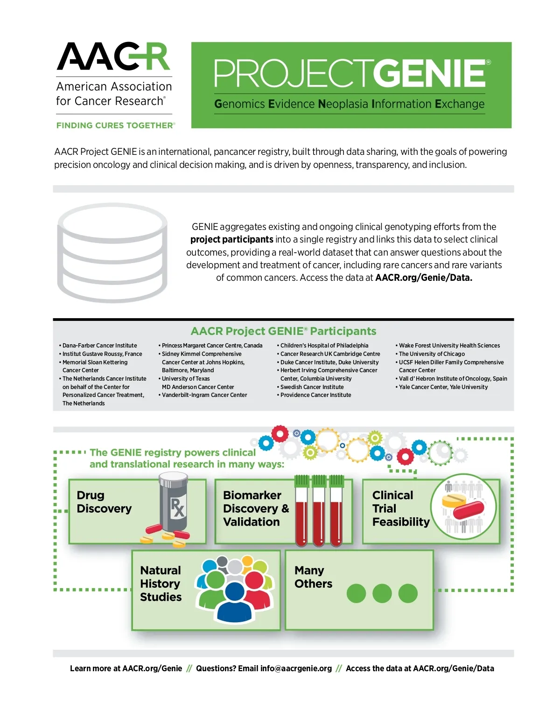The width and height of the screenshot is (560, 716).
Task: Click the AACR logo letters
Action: pos(113,57)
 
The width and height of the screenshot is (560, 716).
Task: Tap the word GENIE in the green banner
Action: pos(432,74)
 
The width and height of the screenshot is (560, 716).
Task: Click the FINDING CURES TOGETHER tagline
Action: pos(115,125)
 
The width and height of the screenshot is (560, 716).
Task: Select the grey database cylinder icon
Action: pos(112,253)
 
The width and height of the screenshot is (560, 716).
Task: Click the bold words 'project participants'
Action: pos(231,240)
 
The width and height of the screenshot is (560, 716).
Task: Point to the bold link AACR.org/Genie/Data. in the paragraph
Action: pos(424,278)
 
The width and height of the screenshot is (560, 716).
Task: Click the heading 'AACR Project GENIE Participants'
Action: pos(283,331)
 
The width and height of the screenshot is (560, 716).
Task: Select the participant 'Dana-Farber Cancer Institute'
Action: pos(99,346)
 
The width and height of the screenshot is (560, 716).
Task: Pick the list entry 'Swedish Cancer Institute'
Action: pos(312,387)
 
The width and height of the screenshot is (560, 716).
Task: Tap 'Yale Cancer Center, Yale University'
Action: pos(443,387)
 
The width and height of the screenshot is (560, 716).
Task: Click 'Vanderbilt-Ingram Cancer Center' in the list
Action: pos(204,395)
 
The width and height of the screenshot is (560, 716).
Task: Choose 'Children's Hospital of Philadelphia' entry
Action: pos(324,346)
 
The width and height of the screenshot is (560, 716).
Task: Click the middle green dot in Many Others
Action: pos(382,593)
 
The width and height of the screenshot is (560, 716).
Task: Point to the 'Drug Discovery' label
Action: pos(104,502)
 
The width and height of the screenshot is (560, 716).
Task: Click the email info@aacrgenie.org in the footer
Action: pos(296,668)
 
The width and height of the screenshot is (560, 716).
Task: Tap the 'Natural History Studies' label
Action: pos(161,584)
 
